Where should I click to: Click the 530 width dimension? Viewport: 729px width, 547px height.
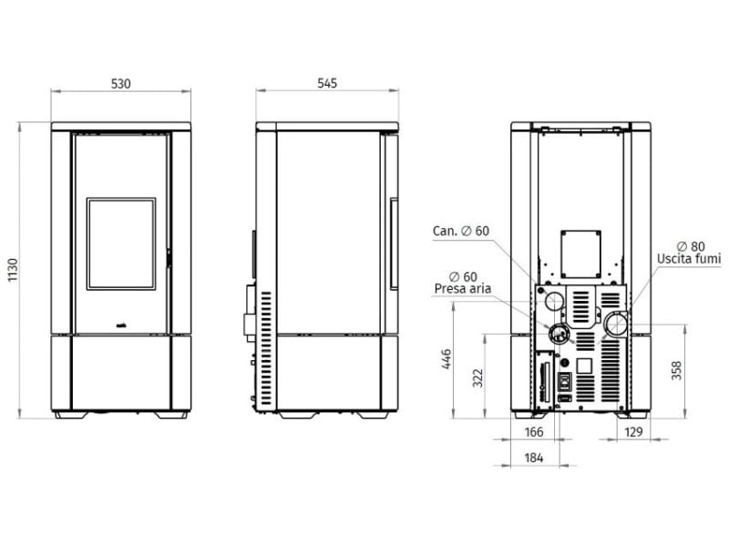tap(121, 84)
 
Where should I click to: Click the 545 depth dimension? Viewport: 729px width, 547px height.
tap(327, 83)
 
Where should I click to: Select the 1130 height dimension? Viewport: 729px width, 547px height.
tap(13, 270)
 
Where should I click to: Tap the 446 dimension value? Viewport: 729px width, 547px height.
tap(447, 358)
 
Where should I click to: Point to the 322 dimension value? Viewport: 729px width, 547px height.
tap(477, 378)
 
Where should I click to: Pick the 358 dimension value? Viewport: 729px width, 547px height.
tap(676, 370)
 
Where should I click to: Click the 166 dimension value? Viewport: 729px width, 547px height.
tap(534, 432)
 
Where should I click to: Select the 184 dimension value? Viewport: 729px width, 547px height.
tap(534, 458)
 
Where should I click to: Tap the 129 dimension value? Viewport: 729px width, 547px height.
tap(633, 432)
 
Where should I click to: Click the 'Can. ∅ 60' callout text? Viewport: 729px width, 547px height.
tap(461, 231)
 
